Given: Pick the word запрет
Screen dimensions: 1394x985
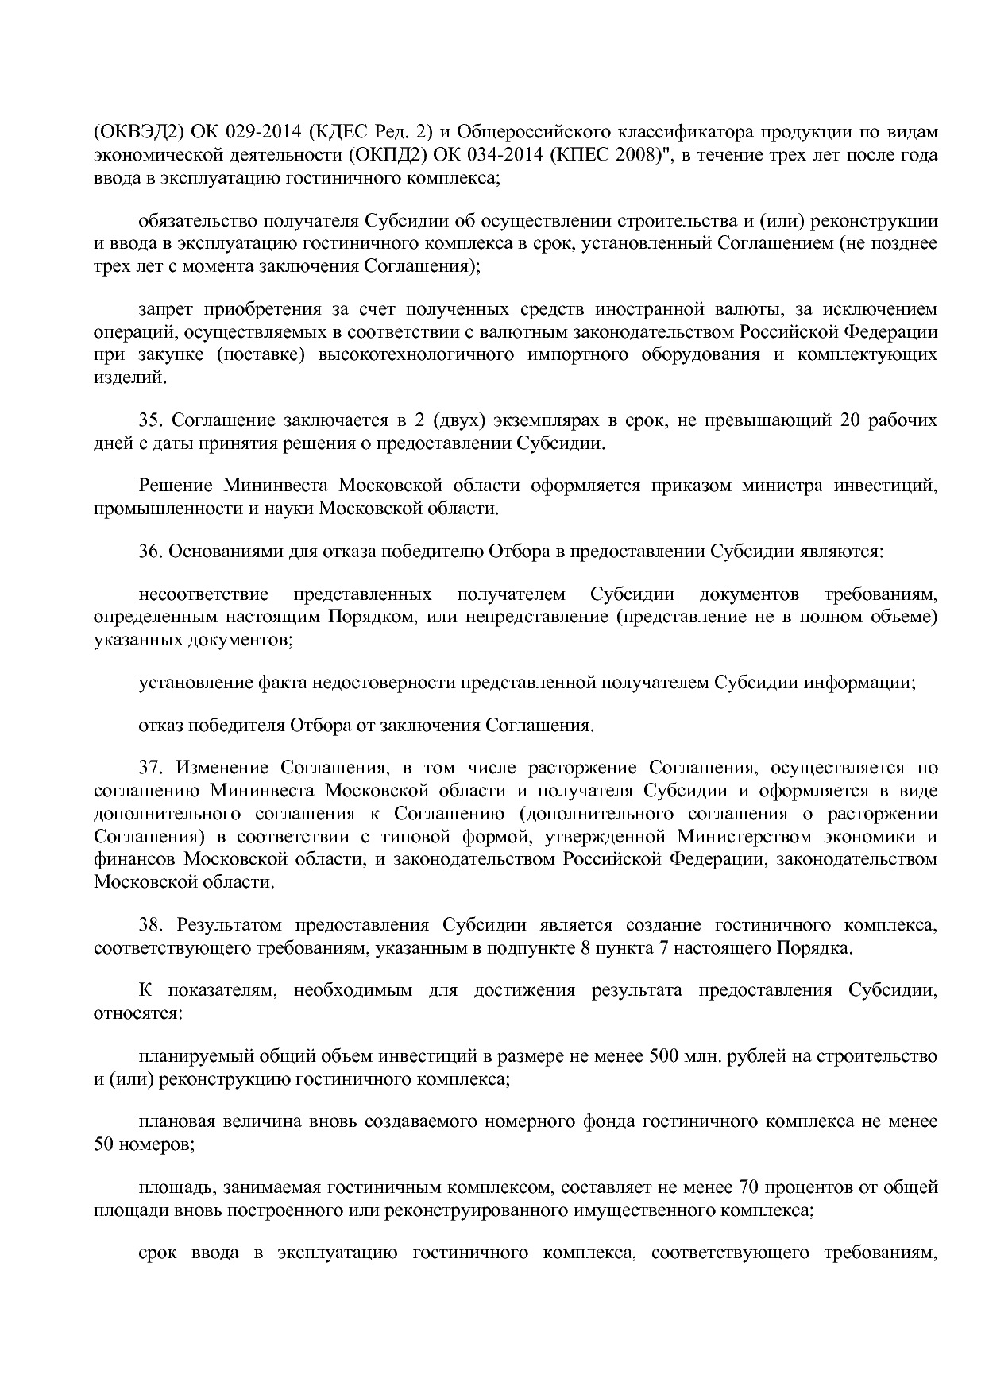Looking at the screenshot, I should click(163, 309).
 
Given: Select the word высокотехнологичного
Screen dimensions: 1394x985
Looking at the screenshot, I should click(415, 354).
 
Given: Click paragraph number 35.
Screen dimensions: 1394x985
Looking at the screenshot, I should click(150, 420).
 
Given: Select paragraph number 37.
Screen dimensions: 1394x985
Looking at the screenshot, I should click(150, 769).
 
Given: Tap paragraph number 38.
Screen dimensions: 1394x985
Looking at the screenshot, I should click(150, 925).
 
